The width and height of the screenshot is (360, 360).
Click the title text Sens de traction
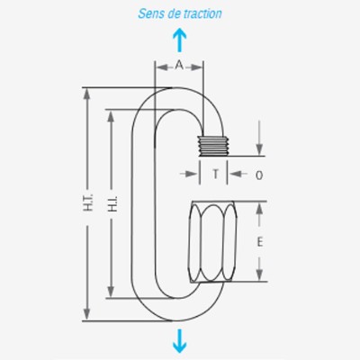click(180, 13)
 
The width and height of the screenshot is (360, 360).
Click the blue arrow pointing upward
click(180, 40)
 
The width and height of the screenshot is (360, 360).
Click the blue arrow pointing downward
click(180, 341)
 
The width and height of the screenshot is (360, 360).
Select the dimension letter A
click(179, 65)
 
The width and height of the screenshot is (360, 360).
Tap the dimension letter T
click(215, 174)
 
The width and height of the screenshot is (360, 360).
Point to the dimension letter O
click(259, 175)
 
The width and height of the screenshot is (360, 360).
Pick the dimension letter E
click(260, 241)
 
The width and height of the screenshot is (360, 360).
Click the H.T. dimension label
click(88, 202)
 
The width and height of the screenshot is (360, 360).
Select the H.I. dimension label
click(112, 204)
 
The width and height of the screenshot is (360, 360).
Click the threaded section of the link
click(213, 146)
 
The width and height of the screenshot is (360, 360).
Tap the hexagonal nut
click(212, 242)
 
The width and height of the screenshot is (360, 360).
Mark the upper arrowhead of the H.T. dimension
click(86, 94)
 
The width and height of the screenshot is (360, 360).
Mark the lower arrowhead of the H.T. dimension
click(86, 314)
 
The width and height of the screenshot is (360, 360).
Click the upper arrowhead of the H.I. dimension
click(111, 116)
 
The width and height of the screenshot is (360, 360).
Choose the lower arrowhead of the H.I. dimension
click(111, 292)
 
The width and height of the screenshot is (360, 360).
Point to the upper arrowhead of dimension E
click(260, 208)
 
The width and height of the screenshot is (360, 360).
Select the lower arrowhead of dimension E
click(260, 275)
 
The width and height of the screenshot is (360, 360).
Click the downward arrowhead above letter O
click(260, 149)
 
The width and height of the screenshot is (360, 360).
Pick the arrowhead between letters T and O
click(235, 174)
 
